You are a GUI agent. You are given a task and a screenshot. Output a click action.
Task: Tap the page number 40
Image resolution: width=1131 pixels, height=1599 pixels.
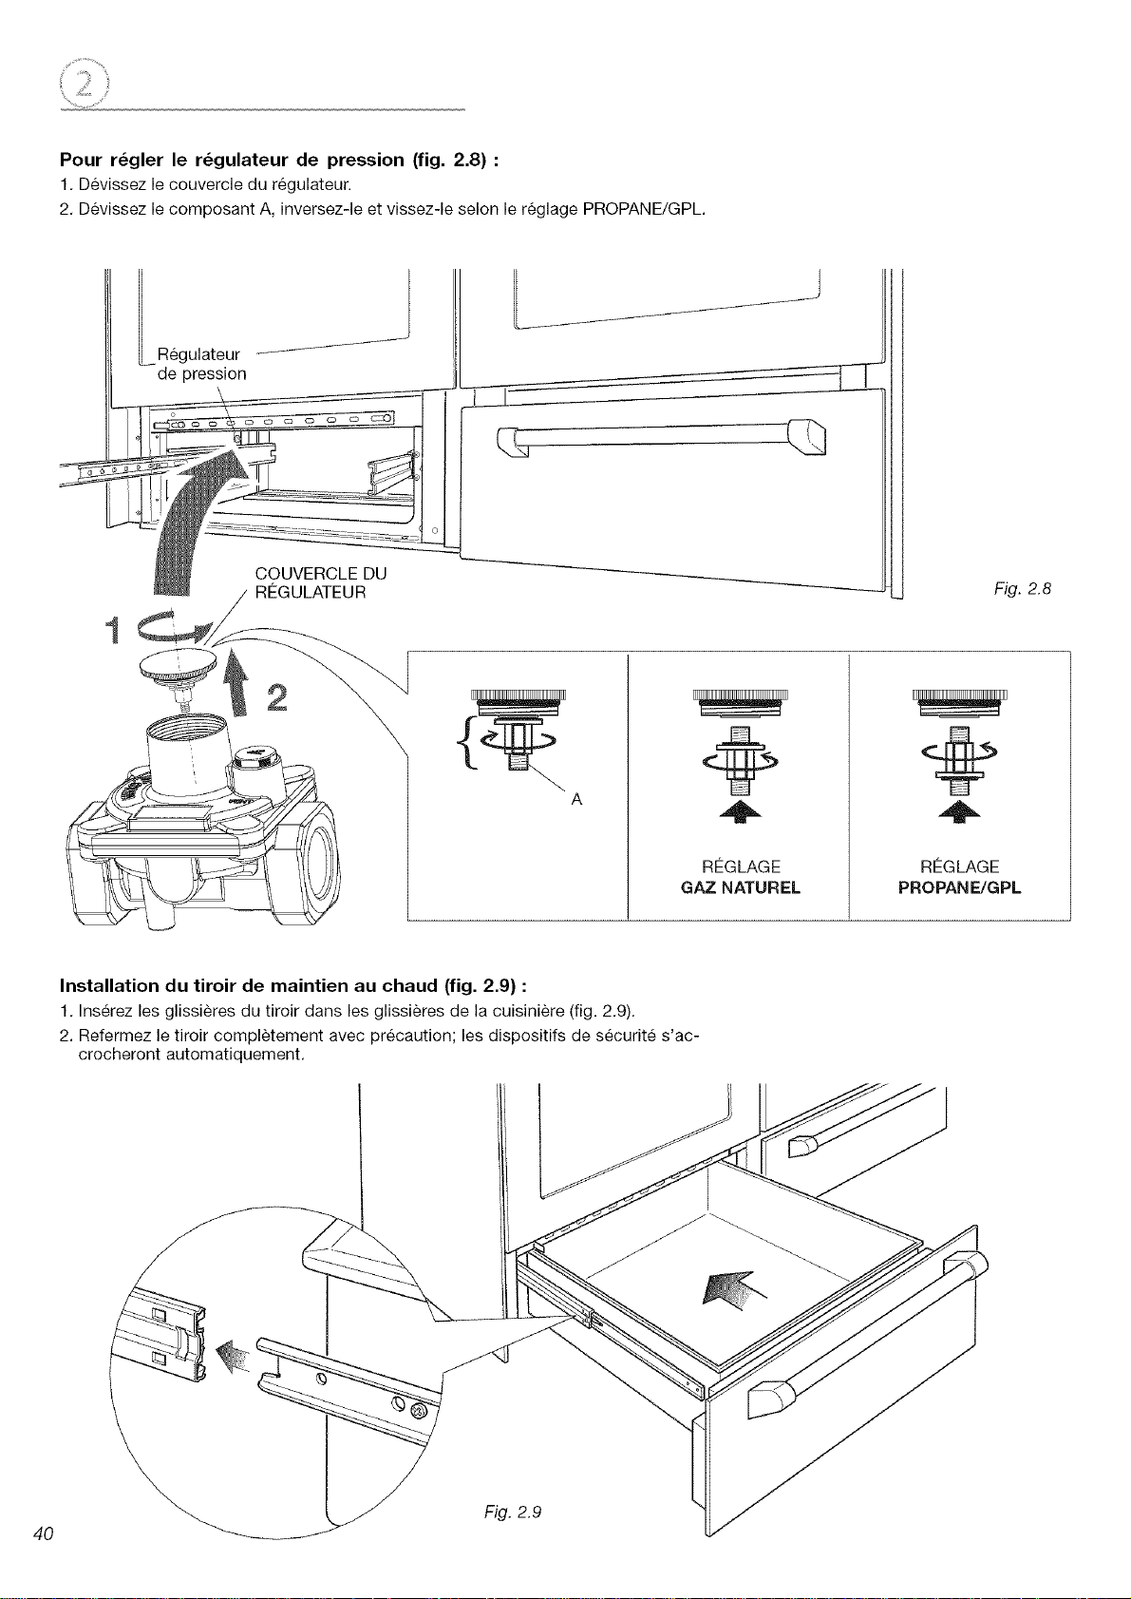pos(44,1533)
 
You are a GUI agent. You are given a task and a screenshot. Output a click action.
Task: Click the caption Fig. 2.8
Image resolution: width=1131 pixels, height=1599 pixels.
pos(1023,589)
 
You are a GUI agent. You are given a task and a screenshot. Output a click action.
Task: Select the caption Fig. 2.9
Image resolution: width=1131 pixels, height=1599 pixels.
pos(513,1512)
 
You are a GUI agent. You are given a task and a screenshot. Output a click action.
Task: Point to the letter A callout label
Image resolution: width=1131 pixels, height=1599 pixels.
pos(576,800)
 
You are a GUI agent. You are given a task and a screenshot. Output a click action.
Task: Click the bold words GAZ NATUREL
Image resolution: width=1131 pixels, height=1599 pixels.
pos(741,887)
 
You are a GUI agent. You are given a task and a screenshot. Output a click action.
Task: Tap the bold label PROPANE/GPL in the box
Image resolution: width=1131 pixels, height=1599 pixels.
pos(959,887)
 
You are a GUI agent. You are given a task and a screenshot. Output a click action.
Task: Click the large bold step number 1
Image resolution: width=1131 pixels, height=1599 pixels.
pos(112,630)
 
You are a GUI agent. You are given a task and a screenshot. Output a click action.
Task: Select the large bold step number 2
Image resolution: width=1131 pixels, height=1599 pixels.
pos(277,697)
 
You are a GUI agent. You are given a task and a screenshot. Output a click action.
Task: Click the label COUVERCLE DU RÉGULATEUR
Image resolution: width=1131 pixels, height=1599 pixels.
pos(320,582)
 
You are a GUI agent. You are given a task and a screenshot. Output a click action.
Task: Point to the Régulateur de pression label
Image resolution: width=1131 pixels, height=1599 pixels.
pos(201,364)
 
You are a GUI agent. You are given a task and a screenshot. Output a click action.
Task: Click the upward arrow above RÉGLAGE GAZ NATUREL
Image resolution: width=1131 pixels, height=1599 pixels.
pos(741,811)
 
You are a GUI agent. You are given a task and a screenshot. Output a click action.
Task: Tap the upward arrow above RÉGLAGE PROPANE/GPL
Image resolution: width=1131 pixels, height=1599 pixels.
pos(961,811)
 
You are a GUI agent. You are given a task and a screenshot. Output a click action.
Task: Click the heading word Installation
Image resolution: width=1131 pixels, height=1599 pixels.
pos(109,986)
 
